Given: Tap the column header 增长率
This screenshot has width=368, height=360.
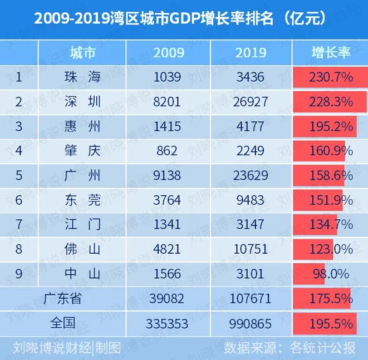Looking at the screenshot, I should [330, 53].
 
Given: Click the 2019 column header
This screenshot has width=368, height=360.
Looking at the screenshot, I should [251, 53].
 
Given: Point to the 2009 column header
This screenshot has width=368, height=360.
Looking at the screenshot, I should [168, 53].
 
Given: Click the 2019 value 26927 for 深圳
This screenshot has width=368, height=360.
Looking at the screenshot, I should [251, 102].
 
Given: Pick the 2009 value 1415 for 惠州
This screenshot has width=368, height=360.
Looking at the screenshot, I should [168, 126].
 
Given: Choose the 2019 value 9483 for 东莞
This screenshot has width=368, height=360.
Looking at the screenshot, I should [251, 200].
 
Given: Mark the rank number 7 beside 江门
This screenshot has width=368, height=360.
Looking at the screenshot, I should [19, 225].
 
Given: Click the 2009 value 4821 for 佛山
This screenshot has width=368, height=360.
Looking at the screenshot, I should [168, 249].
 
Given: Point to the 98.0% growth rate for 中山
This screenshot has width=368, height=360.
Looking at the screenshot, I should [330, 274].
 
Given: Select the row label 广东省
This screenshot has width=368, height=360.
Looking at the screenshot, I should [62, 299].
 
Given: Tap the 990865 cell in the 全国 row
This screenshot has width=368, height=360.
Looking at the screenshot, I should [251, 323].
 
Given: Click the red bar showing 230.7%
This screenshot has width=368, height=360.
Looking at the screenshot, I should [330, 77].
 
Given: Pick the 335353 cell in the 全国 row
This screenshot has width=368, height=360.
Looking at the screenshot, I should [168, 323].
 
